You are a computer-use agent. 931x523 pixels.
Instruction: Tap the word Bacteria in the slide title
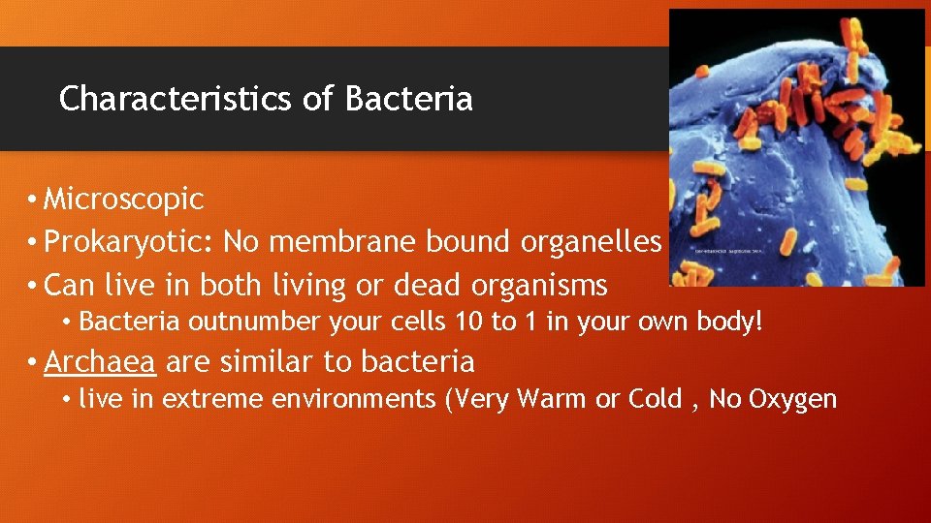tap(408, 99)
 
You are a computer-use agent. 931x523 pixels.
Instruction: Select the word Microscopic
tap(124, 200)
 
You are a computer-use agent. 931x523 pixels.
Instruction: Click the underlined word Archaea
tap(100, 362)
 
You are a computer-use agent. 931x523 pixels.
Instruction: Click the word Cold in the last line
tap(654, 399)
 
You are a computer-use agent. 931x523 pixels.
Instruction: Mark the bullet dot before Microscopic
tap(33, 200)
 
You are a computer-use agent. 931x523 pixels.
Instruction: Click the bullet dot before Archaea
tap(33, 363)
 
